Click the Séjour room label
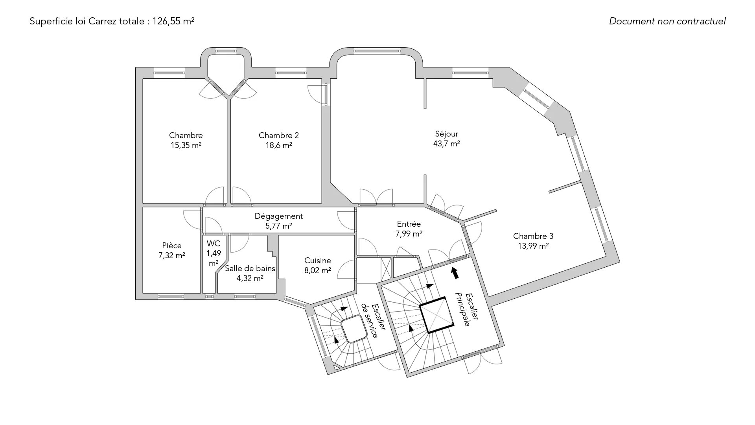[x=446, y=134]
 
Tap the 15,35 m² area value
[x=186, y=145]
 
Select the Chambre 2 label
[x=278, y=135]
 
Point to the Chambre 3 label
[x=533, y=236]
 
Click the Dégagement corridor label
[x=278, y=216]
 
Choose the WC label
[x=214, y=244]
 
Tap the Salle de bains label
[x=250, y=268]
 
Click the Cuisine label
[x=317, y=261]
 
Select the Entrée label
[x=409, y=224]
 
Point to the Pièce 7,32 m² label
[x=172, y=250]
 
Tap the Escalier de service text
[x=370, y=320]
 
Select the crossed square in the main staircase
[x=437, y=315]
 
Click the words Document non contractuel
[x=667, y=21]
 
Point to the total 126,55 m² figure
[x=173, y=21]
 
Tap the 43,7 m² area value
[x=446, y=144]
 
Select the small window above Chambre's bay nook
[x=226, y=51]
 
